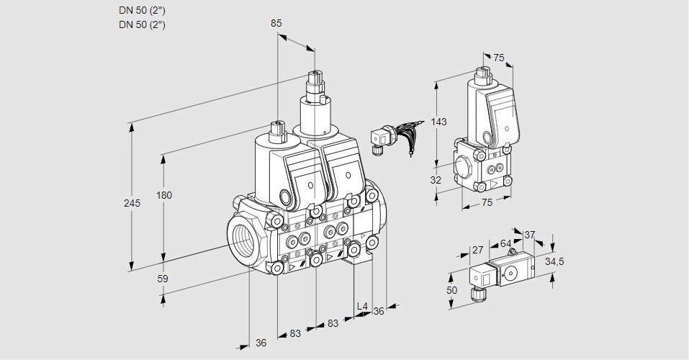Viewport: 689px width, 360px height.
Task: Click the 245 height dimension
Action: tap(132, 203)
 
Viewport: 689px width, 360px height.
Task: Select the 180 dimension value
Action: tap(165, 196)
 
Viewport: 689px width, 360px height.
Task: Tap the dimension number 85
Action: tap(276, 23)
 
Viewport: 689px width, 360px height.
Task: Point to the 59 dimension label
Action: tap(162, 278)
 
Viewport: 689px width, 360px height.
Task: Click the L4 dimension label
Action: tap(362, 307)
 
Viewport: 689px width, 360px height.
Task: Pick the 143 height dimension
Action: tap(438, 122)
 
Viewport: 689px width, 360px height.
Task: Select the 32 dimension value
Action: tap(436, 180)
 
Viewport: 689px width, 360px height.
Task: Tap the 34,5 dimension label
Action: tap(554, 261)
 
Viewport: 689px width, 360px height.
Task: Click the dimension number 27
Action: tap(476, 251)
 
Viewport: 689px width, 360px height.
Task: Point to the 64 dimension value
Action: tap(505, 243)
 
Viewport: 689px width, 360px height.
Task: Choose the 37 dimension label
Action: tap(529, 235)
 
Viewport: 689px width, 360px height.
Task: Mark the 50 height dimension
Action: tap(452, 289)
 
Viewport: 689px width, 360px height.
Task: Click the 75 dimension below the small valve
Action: tap(487, 203)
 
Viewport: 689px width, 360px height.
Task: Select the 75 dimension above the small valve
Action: tap(498, 58)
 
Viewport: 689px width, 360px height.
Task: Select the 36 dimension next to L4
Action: tap(379, 311)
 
